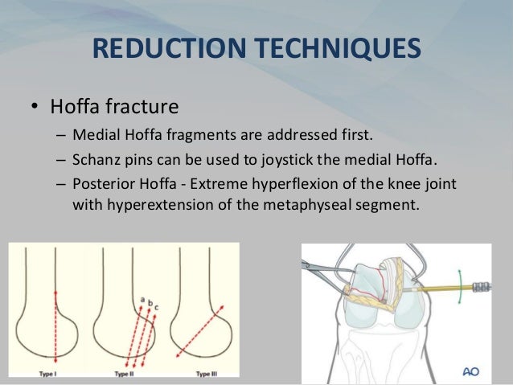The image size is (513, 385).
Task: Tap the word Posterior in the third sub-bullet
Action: click(x=104, y=185)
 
